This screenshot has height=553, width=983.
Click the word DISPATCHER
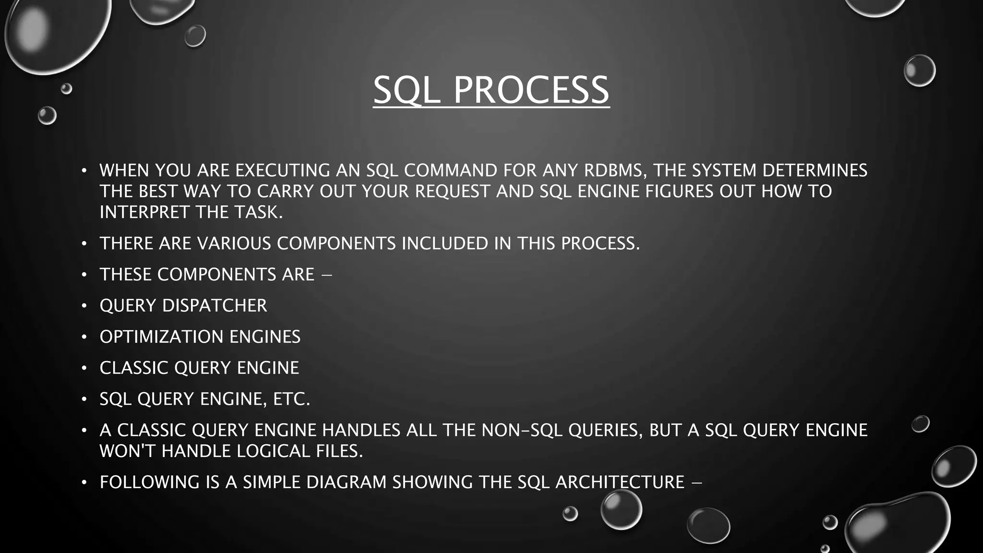click(x=215, y=305)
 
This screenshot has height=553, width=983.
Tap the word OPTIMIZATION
click(x=162, y=337)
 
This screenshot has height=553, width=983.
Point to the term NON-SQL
click(x=522, y=430)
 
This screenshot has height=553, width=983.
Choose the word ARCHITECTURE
click(x=620, y=482)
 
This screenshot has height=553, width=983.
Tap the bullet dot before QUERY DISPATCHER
click(x=84, y=306)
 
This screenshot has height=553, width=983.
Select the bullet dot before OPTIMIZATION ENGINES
click(x=84, y=337)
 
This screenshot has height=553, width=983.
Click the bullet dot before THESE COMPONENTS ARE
click(x=84, y=275)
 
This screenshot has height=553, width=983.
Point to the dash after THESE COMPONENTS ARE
click(x=326, y=275)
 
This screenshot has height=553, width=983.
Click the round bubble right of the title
click(x=919, y=71)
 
